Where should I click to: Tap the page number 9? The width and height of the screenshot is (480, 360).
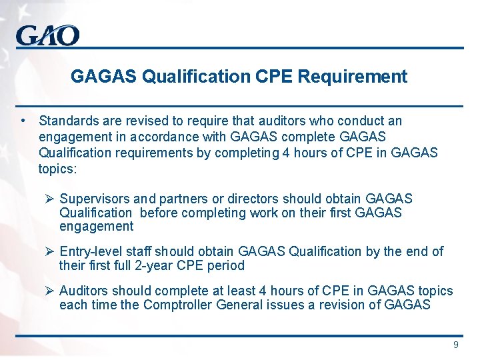coord(456,345)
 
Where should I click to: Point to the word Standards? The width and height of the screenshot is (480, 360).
coord(67,121)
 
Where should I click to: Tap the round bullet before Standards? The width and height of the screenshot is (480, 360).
coord(23,121)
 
